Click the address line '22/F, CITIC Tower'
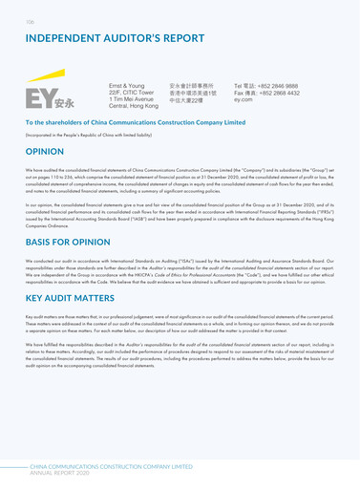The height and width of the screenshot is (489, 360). click(135, 91)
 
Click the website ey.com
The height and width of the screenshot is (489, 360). click(244, 98)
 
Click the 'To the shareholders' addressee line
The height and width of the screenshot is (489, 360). click(135, 123)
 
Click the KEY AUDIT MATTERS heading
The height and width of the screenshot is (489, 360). click(74, 298)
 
